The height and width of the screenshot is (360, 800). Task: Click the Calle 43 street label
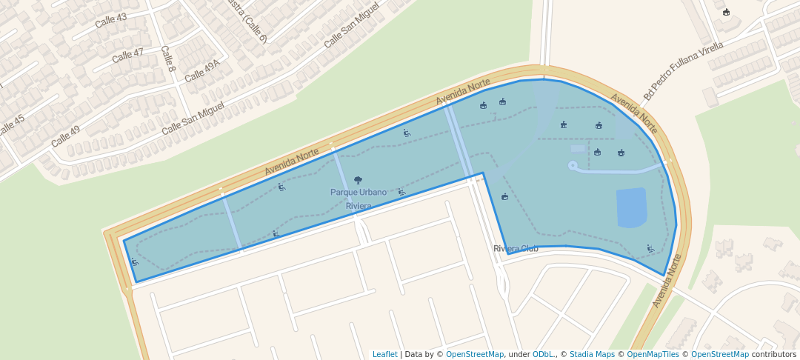coord(111,20)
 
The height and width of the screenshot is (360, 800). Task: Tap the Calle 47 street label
coord(128,55)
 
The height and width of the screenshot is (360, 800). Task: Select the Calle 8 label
coord(168,59)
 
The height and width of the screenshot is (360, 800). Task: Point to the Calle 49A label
coord(202,71)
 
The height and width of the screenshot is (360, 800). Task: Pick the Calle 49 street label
coord(65,136)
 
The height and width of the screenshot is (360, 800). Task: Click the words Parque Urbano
coord(359,193)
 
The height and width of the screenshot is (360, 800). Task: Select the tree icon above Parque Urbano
coord(359,180)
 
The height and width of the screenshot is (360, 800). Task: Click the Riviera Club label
coord(516,249)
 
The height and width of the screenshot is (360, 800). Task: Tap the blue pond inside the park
coord(631,208)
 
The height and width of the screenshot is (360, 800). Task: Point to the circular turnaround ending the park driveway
coord(573,165)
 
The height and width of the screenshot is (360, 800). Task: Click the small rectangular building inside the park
coord(578,149)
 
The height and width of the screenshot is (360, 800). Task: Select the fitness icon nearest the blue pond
coord(650,249)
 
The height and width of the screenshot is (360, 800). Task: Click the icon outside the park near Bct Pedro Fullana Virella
coord(726,12)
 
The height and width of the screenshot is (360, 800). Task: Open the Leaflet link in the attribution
coord(384,354)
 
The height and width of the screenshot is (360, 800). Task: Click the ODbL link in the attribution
coord(543,354)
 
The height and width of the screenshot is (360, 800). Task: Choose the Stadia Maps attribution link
coord(591,354)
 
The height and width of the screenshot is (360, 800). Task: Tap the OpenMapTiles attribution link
coord(652,354)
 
